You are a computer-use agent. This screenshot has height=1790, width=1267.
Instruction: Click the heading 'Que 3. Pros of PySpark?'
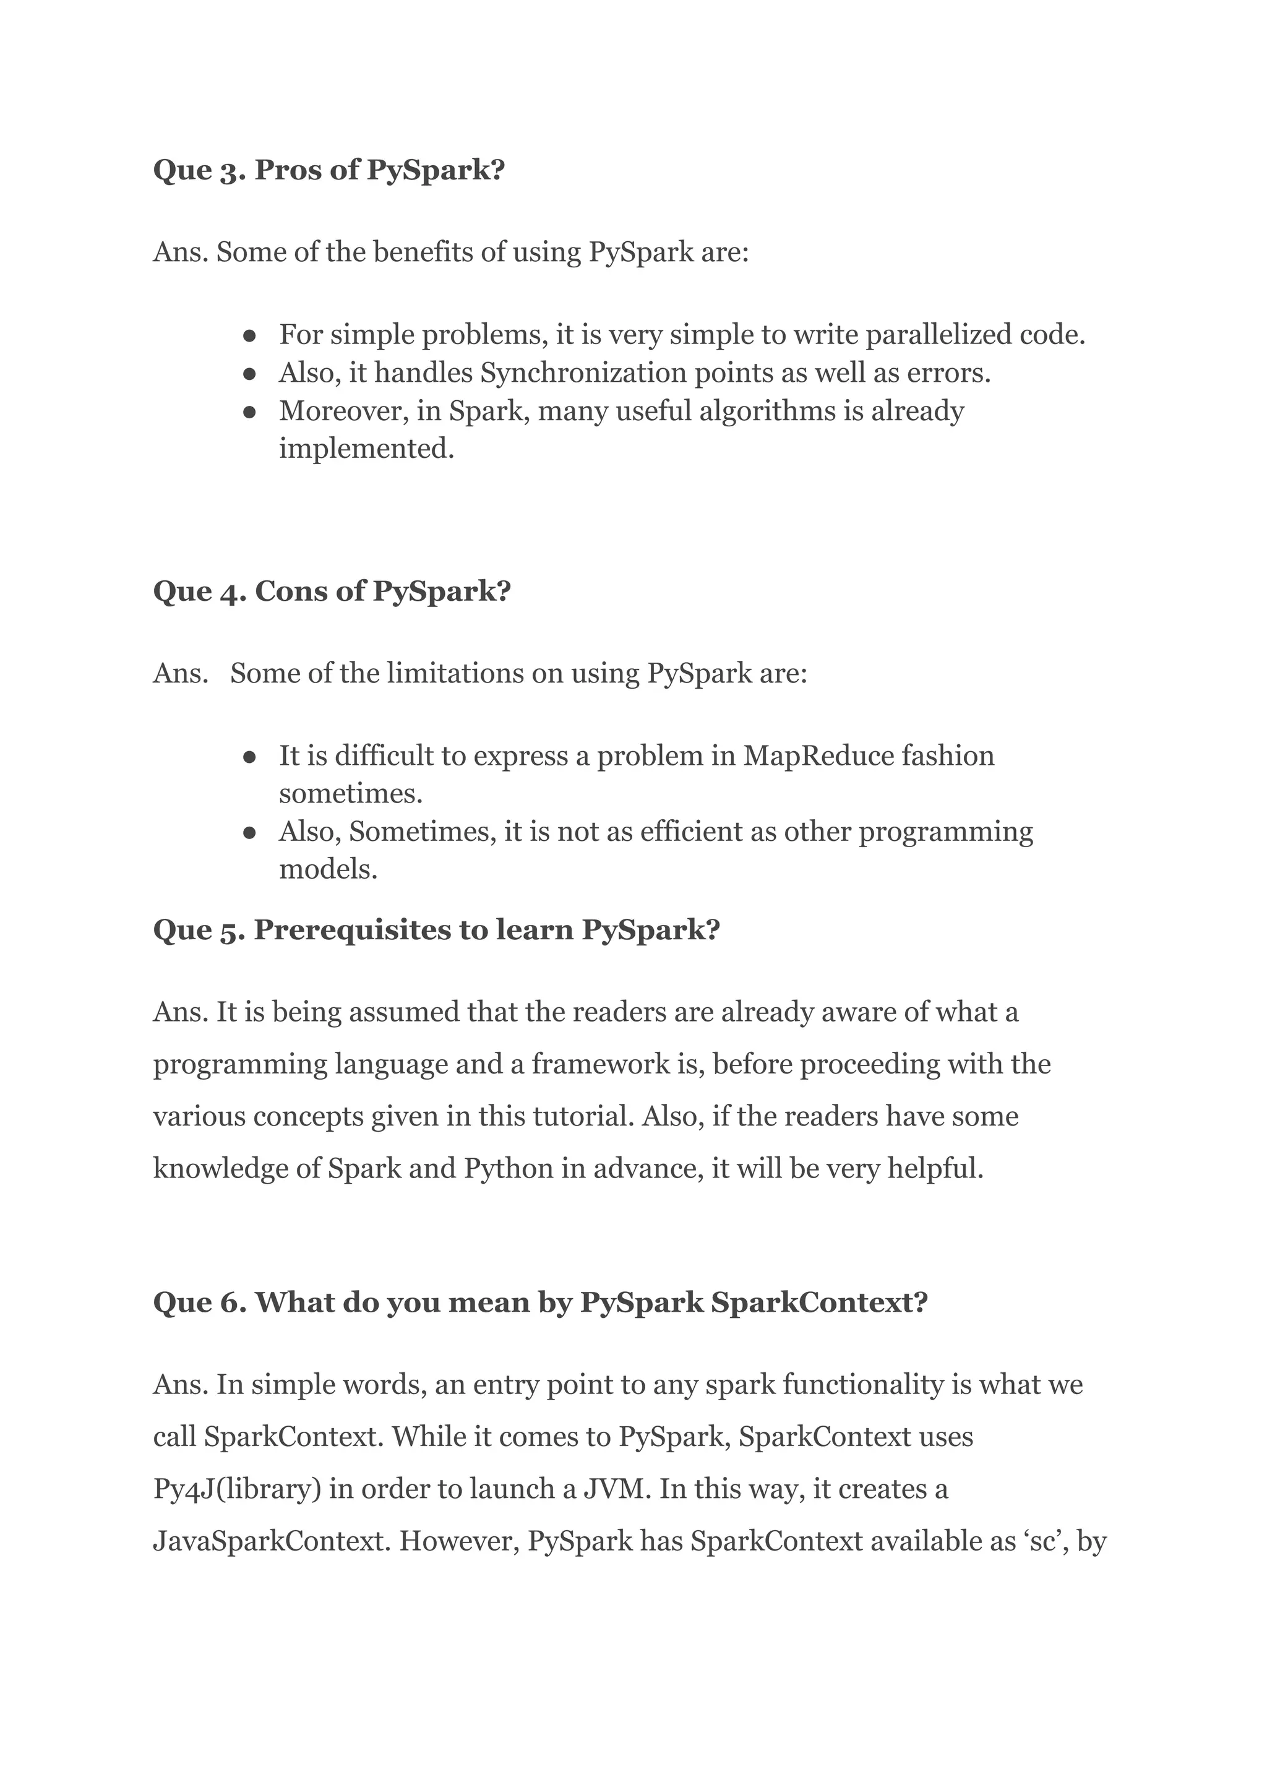[x=329, y=170]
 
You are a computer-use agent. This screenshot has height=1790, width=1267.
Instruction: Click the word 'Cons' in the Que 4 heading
[x=290, y=591]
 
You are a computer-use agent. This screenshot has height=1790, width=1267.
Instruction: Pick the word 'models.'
[x=329, y=869]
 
